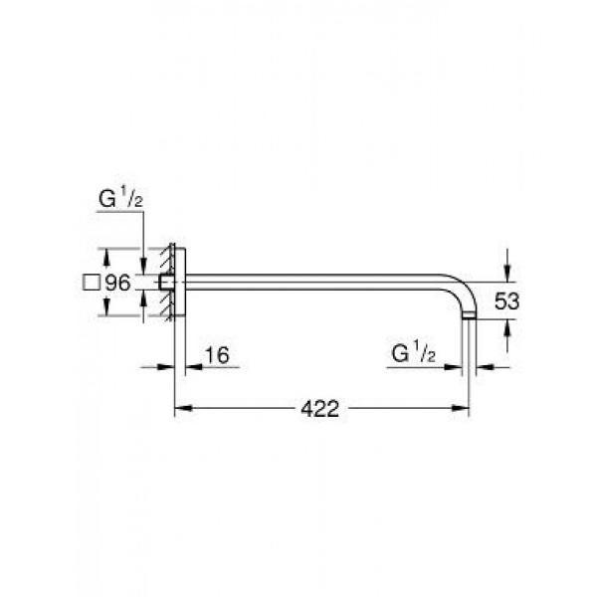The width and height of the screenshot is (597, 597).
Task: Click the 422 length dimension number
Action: [x=319, y=409]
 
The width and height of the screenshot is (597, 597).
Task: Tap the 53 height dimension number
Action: [x=506, y=301]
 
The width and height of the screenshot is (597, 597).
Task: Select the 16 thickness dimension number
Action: [x=217, y=355]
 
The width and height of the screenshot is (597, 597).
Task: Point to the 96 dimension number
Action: [x=117, y=283]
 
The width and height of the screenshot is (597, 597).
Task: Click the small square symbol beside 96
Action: [x=92, y=283]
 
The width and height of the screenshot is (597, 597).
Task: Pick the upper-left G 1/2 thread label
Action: [x=120, y=198]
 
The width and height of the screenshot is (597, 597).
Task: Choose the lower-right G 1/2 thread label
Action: [x=414, y=353]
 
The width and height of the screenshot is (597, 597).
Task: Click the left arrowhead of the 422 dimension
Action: [x=183, y=408]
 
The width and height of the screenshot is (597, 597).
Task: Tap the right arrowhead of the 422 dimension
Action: [x=461, y=408]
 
